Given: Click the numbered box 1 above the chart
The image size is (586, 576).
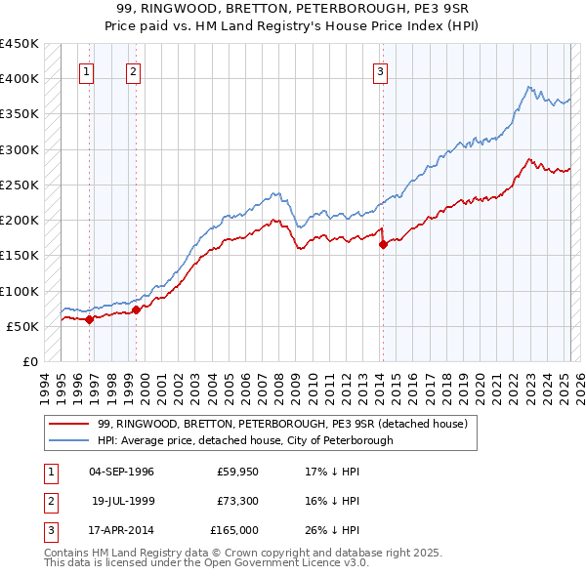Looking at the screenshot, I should [x=87, y=70].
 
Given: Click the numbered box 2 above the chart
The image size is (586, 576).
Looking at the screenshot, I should [x=133, y=70].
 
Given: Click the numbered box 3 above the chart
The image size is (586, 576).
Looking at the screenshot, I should [x=380, y=70].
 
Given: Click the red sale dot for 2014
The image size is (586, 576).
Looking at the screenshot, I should [x=384, y=245].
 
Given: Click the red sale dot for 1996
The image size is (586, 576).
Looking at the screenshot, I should [x=89, y=319].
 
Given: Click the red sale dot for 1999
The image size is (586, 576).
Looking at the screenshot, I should [x=137, y=309].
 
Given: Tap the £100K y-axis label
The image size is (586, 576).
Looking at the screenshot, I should [x=20, y=291].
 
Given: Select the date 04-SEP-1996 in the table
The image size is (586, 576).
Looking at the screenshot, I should [x=121, y=472].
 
